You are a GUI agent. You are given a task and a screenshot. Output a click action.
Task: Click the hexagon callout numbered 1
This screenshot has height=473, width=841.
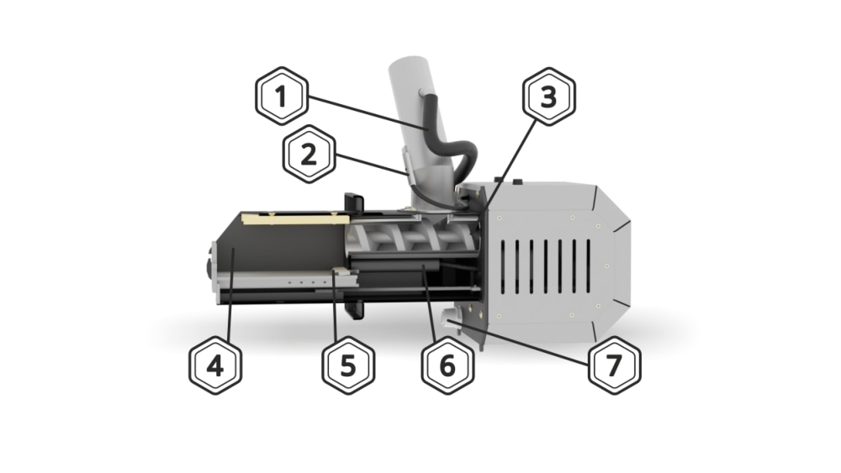(x=282, y=97)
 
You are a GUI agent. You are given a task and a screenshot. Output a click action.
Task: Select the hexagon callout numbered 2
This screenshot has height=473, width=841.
(x=309, y=155)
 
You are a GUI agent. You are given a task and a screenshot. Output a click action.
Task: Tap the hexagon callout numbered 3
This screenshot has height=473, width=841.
(x=548, y=97)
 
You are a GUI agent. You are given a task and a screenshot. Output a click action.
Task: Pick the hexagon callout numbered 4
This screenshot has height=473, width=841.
(x=215, y=365)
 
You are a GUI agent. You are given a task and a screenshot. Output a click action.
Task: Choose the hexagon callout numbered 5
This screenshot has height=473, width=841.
(x=348, y=365)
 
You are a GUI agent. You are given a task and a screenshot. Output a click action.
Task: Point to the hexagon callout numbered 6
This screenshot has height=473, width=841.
(x=447, y=365)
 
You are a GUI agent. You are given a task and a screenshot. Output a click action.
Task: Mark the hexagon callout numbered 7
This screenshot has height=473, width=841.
(x=614, y=365)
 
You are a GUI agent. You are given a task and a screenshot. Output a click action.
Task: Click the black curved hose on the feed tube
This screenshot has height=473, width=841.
(x=451, y=140)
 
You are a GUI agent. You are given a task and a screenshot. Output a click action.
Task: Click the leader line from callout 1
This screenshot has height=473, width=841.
(x=368, y=113)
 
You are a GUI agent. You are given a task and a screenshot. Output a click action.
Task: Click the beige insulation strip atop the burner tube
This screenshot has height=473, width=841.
(x=295, y=218)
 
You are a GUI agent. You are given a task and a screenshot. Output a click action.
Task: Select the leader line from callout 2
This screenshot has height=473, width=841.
(x=371, y=165)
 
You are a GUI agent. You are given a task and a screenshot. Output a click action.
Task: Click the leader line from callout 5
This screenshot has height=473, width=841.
(x=336, y=305)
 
